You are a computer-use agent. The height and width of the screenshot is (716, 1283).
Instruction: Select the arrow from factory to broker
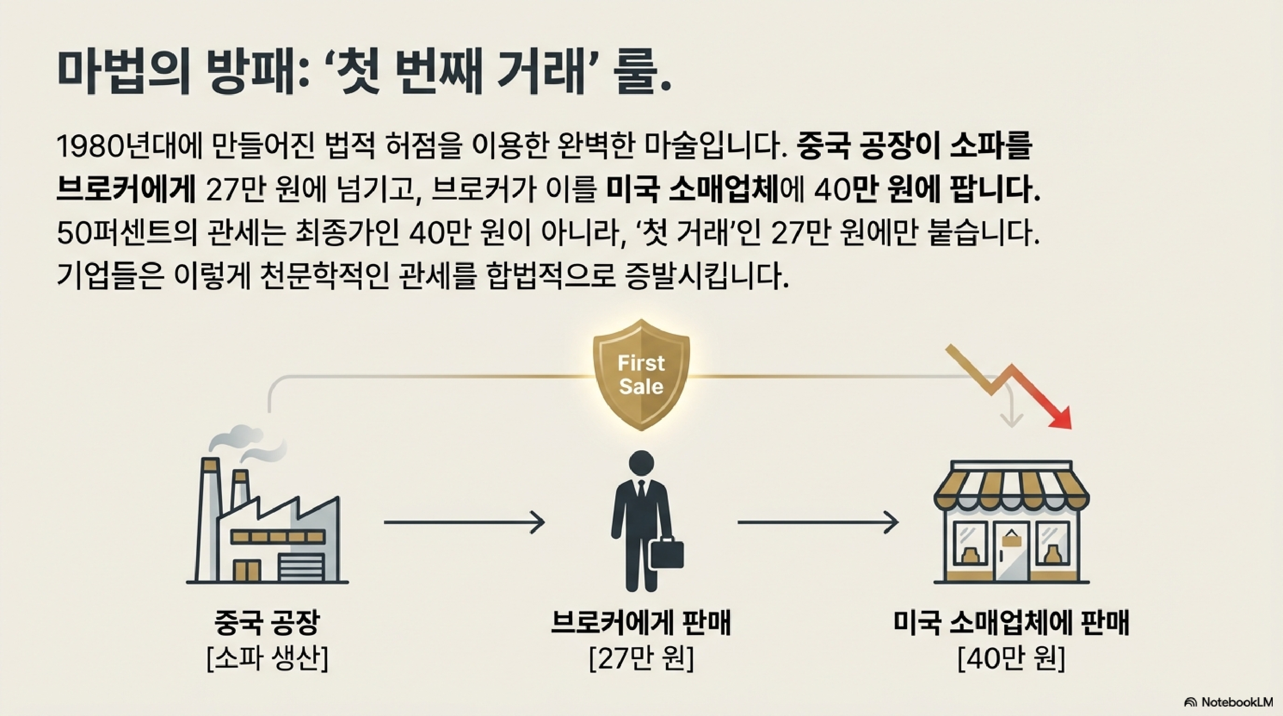(464, 522)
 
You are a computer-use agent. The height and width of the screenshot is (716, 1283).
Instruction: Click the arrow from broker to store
(818, 522)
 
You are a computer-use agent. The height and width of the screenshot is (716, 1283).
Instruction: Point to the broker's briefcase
(666, 554)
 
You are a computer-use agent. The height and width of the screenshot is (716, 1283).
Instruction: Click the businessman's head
(641, 465)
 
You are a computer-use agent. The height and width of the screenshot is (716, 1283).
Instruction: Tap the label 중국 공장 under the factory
(267, 623)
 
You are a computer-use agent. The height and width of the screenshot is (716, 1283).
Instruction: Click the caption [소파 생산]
(267, 660)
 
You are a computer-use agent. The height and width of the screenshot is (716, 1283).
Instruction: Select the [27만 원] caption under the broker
(641, 660)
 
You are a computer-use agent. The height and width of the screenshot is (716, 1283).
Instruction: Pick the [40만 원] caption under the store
(1011, 660)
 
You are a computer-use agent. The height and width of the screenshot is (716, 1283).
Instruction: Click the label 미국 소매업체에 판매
(1011, 623)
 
